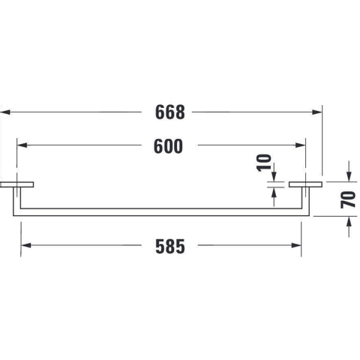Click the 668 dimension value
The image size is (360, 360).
tap(170, 112)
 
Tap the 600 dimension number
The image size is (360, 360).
tap(168, 146)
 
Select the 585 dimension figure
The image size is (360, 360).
tap(170, 247)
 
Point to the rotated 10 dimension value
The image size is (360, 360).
tap(264, 163)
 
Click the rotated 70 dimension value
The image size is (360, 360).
tap(348, 199)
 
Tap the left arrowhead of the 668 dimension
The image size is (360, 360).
tap(5, 112)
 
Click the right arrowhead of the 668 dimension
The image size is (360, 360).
tap(317, 112)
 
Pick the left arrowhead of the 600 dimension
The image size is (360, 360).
tap(22, 145)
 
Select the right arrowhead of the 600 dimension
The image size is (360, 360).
tap(300, 145)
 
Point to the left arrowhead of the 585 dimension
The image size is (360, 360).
tap(26, 245)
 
